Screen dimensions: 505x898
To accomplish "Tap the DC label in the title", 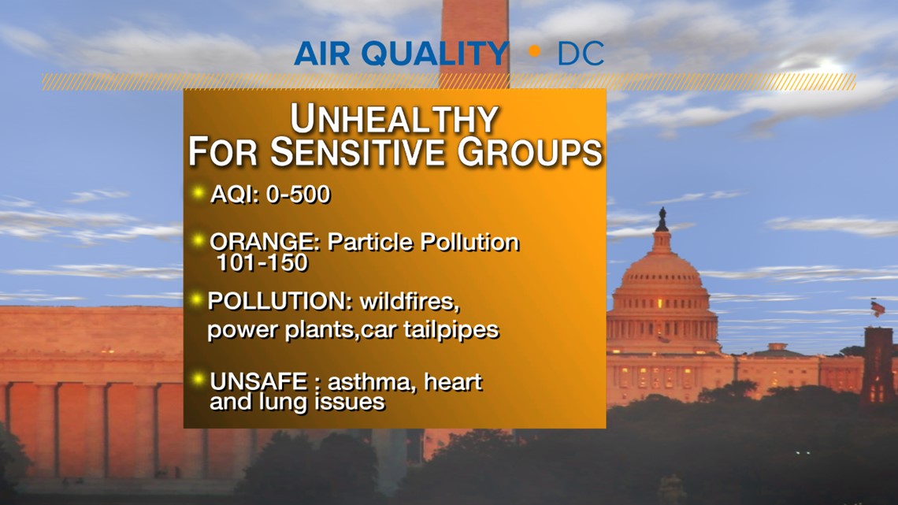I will (x=581, y=54).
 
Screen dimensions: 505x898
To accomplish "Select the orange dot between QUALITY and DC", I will (x=535, y=53).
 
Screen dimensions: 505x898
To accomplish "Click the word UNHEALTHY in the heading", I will (x=394, y=120).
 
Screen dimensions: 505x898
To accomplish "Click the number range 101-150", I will (x=262, y=263).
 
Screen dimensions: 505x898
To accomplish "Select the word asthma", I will (x=373, y=383).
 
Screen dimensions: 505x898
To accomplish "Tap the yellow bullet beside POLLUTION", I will (x=197, y=299).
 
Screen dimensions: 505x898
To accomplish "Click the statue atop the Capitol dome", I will (x=662, y=218).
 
